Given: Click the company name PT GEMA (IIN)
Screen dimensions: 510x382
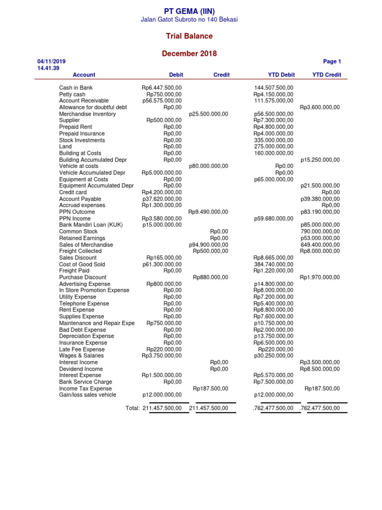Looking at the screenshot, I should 190,11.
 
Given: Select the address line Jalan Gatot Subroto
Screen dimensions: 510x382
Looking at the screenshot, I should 190,19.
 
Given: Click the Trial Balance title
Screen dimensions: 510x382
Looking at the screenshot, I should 189,36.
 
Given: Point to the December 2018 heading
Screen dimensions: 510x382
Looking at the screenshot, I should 189,53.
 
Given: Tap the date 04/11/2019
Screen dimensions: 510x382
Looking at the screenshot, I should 52,61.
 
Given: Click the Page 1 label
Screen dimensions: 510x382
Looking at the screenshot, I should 332,61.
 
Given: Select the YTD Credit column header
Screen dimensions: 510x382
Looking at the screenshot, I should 326,75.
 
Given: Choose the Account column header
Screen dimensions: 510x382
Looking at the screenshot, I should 84,75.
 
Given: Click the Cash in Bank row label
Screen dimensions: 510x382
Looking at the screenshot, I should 76,88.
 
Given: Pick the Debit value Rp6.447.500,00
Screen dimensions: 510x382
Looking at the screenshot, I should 162,88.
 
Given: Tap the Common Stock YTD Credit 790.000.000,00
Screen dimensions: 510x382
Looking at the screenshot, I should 320,232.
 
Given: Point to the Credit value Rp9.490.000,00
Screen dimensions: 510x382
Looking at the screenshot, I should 208,212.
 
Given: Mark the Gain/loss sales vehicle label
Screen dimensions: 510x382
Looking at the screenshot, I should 88,394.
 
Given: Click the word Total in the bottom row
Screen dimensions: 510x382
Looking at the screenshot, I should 133,408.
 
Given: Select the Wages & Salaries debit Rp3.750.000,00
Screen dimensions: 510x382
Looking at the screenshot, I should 162,356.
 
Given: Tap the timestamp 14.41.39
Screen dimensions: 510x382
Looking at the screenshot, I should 48,68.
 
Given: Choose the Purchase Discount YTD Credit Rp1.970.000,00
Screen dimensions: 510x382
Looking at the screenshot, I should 320,277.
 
